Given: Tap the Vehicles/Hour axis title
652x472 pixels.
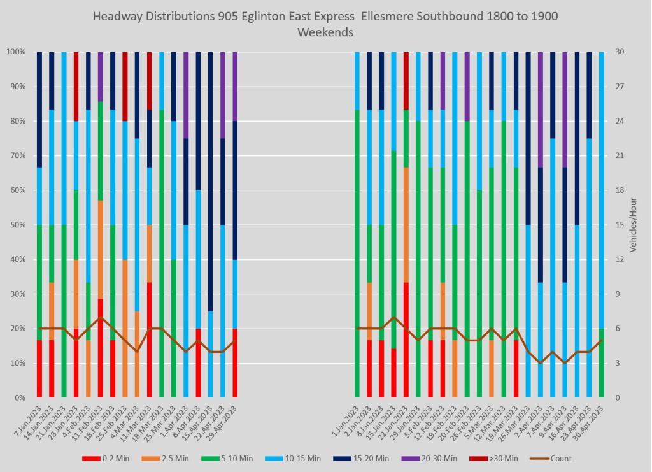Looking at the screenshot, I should [634, 225].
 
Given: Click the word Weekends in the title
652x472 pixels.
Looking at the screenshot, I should [325, 32].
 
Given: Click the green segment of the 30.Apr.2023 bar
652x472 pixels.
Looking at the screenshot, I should [602, 363].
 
